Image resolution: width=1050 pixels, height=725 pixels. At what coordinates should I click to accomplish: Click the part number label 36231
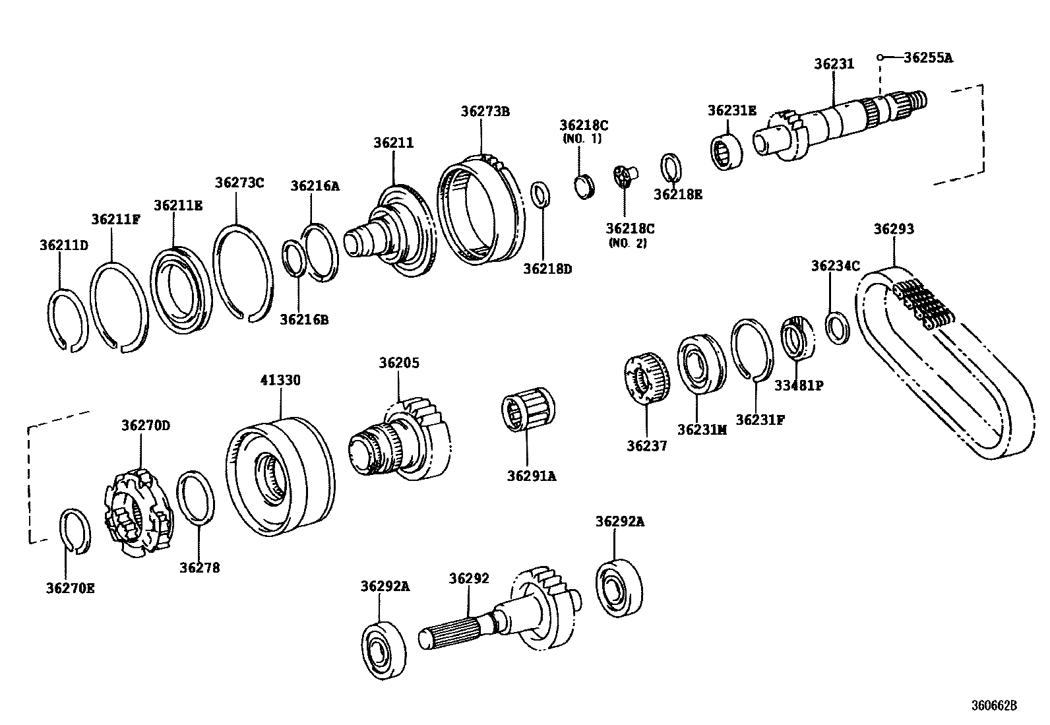(834, 64)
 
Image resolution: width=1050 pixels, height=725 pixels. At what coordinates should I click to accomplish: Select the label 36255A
(928, 57)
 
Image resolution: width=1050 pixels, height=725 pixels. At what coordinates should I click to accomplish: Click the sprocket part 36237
(646, 378)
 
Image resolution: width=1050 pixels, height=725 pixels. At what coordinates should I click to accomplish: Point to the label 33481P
(799, 385)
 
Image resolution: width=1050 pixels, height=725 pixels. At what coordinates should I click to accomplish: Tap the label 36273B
(485, 111)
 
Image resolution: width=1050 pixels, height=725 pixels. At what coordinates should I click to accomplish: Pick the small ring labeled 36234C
(838, 327)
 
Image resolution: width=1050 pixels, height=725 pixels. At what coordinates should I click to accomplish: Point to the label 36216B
(304, 320)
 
